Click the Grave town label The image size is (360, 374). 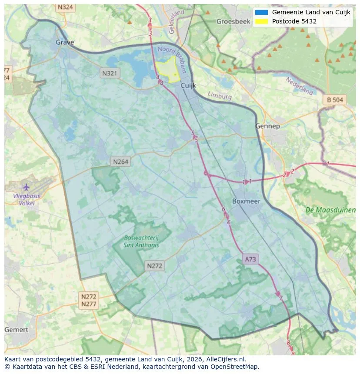65,42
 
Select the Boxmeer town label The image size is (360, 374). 246,201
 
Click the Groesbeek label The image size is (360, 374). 230,21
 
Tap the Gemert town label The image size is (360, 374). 16,330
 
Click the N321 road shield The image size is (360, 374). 109,73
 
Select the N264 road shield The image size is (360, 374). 120,162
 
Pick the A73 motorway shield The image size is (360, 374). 250,259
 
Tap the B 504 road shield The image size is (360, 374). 335,100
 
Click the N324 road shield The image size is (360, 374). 65,7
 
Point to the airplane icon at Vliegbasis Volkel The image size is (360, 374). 26,187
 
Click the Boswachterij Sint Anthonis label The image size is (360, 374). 141,242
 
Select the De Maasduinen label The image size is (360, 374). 330,210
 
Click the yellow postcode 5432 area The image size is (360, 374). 167,68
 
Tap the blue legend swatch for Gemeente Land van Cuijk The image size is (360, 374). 261,12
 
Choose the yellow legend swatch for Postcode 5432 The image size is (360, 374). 261,21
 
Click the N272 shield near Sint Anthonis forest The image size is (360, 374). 155,266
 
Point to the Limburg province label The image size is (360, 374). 220,96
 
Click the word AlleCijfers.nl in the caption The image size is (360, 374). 225,359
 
